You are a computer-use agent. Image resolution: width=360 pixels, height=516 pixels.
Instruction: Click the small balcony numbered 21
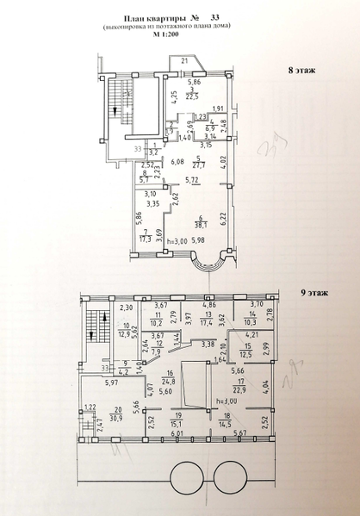[x=183, y=61]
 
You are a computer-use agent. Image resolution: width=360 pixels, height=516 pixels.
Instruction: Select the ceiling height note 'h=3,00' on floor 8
[x=177, y=240]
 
